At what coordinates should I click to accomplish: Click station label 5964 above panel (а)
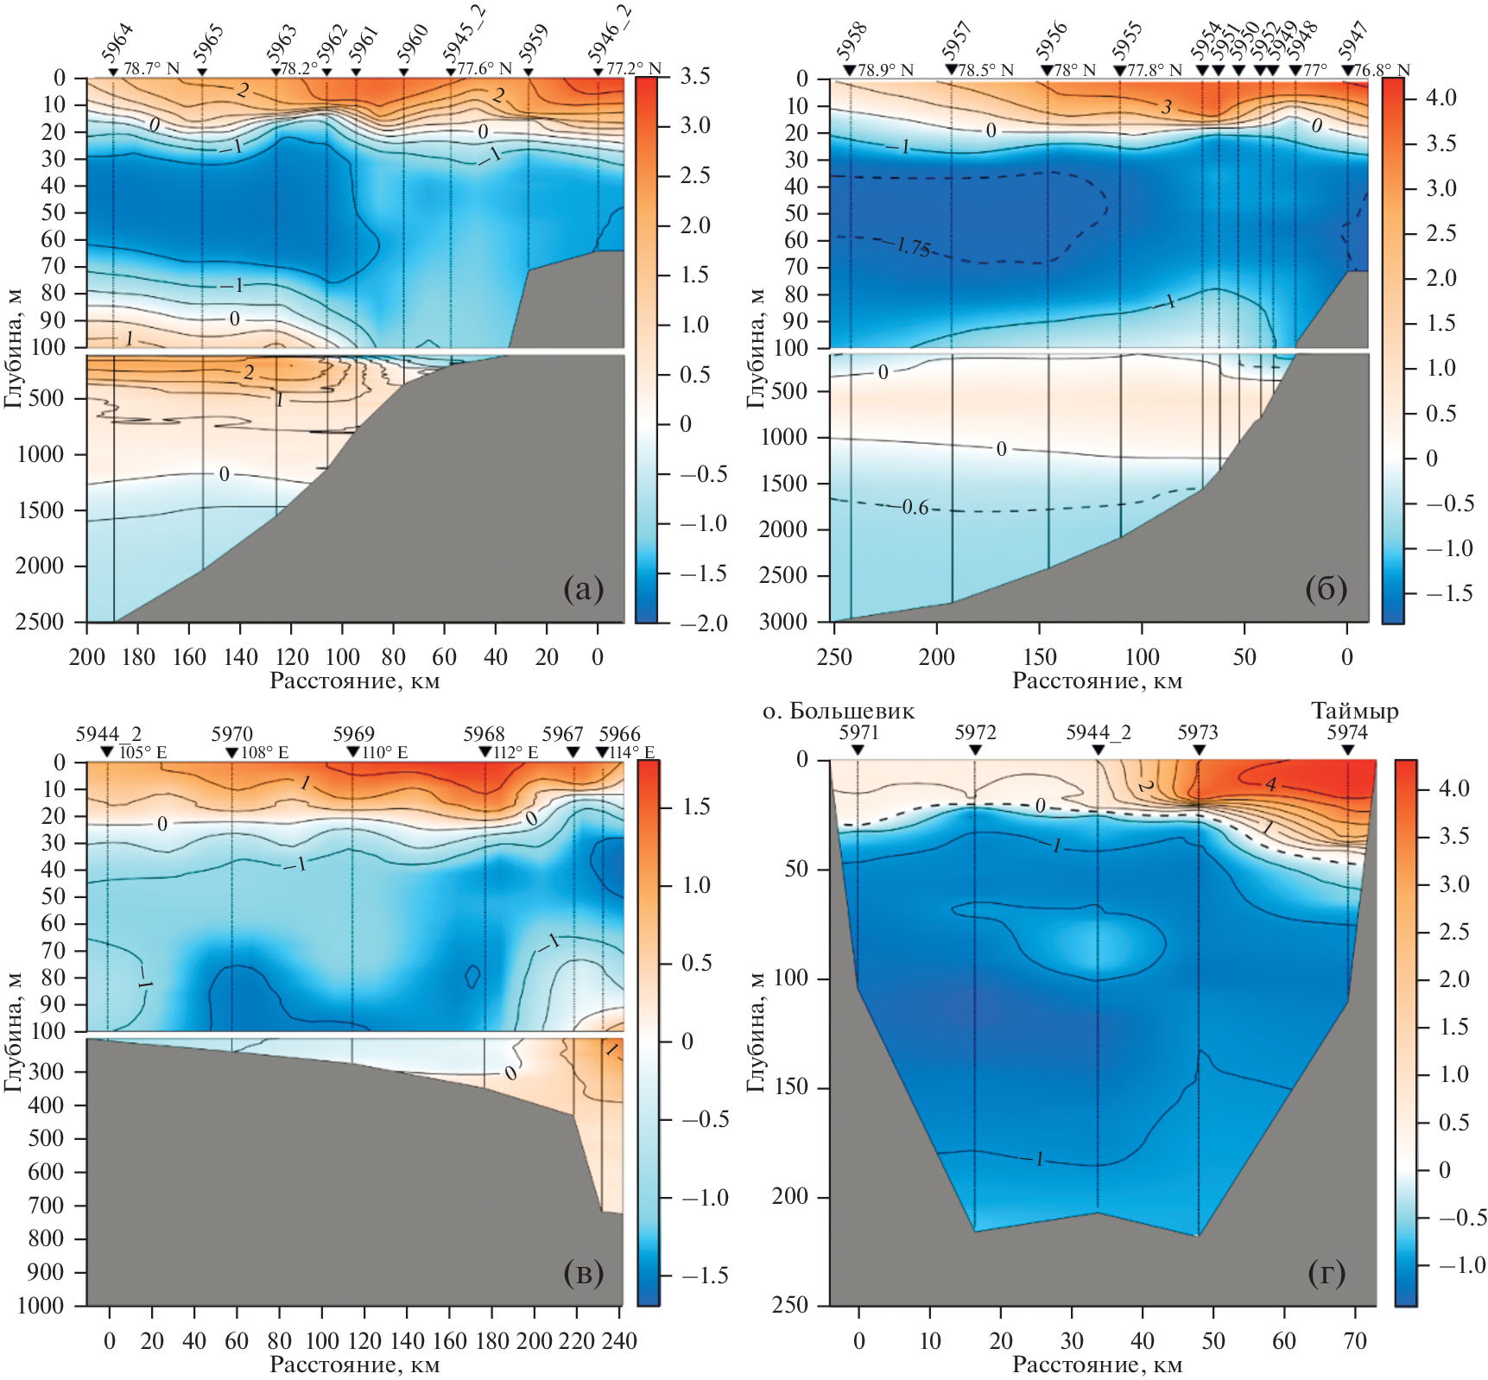(117, 43)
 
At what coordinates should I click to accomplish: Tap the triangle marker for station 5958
(850, 70)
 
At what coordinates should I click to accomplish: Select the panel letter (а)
(583, 589)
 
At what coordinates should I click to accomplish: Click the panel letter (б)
(1326, 589)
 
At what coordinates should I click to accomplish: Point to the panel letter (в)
(583, 1272)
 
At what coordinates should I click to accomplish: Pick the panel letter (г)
(1327, 1272)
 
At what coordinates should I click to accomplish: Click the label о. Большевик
(838, 711)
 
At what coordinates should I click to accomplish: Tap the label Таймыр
(1354, 711)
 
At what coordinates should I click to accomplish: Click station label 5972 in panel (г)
(975, 732)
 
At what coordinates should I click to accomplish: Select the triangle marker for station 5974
(1348, 750)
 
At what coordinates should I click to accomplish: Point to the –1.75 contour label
(910, 248)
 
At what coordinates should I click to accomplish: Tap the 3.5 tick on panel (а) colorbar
(694, 77)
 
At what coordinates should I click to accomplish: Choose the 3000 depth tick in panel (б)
(783, 622)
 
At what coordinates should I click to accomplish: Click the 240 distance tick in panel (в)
(619, 1340)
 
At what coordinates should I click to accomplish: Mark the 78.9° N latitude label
(884, 70)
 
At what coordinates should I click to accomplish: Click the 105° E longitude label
(142, 752)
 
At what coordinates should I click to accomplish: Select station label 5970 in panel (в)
(232, 734)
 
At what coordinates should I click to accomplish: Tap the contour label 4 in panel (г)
(1271, 784)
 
